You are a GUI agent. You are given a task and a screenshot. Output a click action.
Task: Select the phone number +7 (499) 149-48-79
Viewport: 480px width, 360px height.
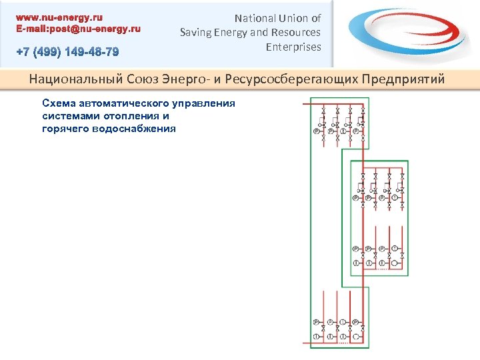coord(69,52)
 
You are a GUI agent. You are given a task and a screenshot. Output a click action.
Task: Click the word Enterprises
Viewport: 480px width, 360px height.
coord(293,47)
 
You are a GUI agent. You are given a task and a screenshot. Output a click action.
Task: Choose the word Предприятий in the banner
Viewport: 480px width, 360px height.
coord(403,80)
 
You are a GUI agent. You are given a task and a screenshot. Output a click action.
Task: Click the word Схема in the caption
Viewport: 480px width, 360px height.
coord(58,103)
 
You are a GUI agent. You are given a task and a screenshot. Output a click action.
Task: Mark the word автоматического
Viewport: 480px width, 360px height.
coord(124,103)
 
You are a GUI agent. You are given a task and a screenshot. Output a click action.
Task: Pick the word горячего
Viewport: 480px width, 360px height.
coord(64,128)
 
